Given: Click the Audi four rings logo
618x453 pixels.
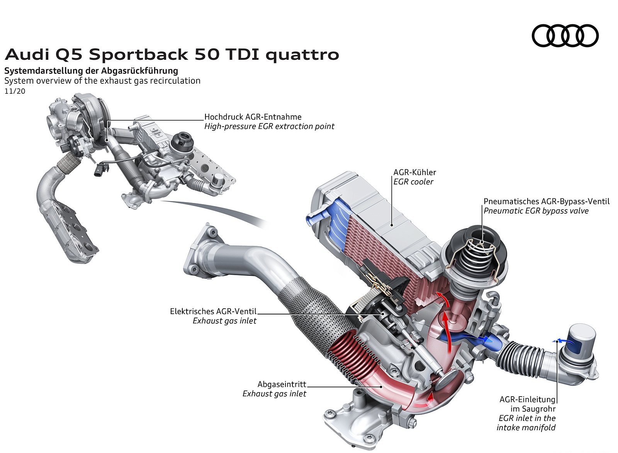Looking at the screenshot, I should coord(565,35).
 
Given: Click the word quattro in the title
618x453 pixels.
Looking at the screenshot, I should coord(302,55).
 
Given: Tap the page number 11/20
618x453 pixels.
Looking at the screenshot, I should coord(15,91).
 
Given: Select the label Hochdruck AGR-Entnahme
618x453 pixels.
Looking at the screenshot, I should coord(253,117).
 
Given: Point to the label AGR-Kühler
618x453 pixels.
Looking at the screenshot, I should coord(414,172).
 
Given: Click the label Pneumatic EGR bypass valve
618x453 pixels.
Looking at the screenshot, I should coord(536,211).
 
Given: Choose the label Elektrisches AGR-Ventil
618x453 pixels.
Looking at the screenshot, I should coord(213,311).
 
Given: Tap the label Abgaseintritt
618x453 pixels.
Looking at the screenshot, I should coord(282,384).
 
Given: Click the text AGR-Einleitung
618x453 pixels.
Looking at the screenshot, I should coord(527,399).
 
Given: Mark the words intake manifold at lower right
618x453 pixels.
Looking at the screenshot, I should coord(526,428).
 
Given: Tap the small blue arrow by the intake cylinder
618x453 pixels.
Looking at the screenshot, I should coord(560,340).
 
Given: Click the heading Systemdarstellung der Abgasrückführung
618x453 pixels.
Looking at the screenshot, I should coord(91,71).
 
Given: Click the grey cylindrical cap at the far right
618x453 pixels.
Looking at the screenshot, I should coord(582,340).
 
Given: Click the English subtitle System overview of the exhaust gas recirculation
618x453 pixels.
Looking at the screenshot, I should coord(102,81).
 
